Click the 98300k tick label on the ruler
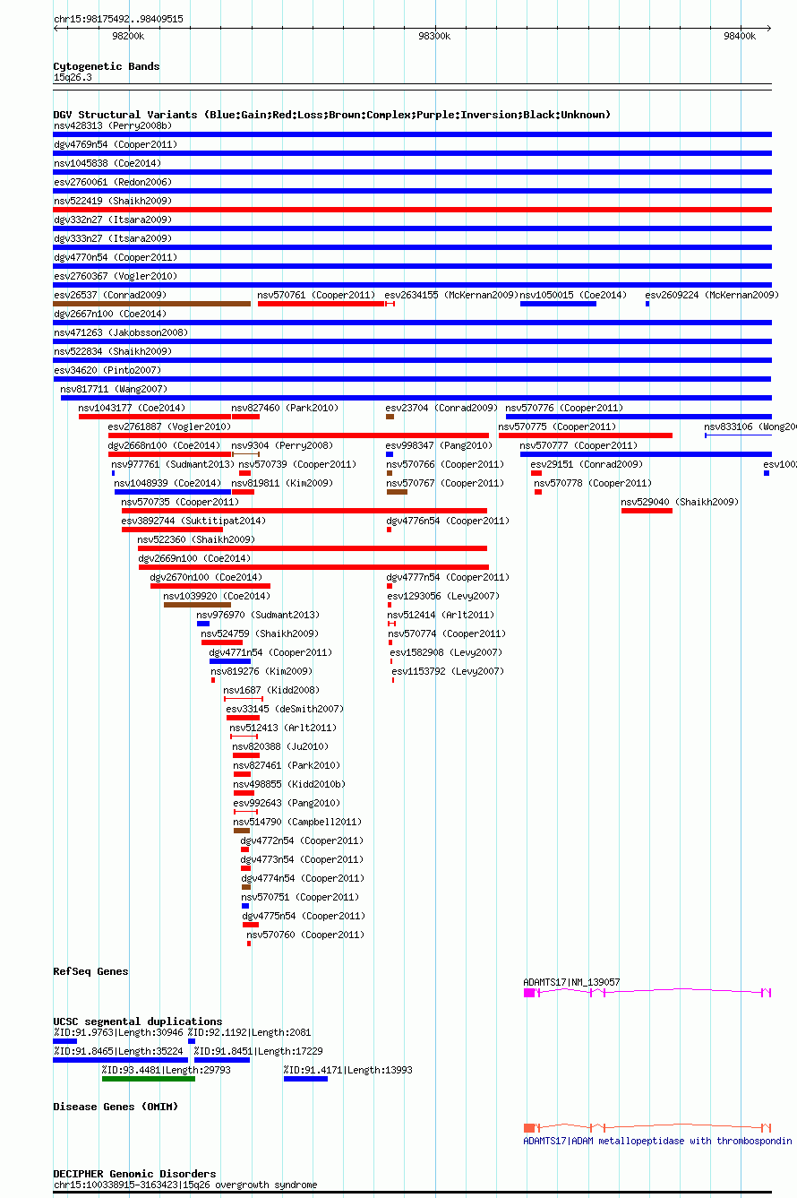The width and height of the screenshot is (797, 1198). point(434,36)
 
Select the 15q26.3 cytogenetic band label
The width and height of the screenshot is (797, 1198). point(73,77)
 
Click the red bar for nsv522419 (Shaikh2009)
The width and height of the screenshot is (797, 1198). point(412,210)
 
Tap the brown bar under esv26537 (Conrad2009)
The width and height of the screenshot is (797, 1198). point(151,304)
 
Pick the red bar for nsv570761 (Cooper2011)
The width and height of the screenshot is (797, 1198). point(321,304)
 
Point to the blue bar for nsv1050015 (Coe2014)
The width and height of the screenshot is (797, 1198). point(558,304)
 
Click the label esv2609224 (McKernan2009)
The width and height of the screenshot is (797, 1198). point(711,295)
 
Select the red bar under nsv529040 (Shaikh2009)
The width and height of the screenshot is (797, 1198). point(647,511)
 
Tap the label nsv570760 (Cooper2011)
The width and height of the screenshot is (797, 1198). point(305,935)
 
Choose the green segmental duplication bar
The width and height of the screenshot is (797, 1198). point(148,1079)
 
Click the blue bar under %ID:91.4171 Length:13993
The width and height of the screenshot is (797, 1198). point(305,1079)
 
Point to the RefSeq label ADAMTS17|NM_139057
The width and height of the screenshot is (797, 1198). point(571,982)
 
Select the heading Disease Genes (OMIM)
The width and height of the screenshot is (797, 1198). point(116,1107)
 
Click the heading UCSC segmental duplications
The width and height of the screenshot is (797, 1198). point(137,1021)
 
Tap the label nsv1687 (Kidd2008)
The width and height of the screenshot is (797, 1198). point(270,690)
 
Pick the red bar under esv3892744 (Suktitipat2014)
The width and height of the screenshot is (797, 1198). point(159,530)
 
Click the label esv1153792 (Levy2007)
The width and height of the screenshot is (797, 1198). point(447,671)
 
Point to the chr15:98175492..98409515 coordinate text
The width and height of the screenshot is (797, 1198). point(118,19)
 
